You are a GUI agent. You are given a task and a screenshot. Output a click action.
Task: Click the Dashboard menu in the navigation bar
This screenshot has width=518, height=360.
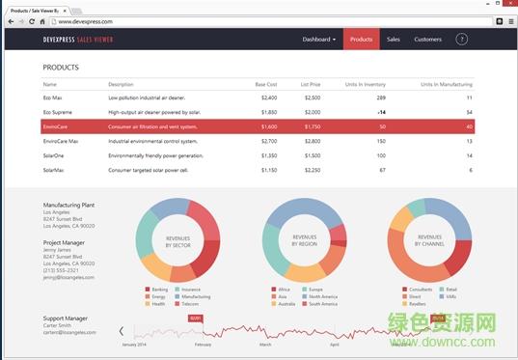pos(318,40)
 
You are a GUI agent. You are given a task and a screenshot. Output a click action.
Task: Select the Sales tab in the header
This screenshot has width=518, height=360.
pos(393,40)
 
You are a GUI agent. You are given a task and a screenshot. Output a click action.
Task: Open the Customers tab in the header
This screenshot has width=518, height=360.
pos(427,40)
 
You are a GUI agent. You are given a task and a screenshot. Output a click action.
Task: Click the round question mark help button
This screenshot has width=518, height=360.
pos(462,40)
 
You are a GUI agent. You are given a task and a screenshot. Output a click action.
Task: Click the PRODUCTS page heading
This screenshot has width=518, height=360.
pos(61,69)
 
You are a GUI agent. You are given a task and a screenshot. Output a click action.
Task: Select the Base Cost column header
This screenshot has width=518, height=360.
pos(265,85)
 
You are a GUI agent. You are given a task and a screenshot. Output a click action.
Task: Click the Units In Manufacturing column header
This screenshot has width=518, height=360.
pos(447,85)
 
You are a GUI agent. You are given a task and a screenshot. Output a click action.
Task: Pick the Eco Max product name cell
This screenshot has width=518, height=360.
pos(53,97)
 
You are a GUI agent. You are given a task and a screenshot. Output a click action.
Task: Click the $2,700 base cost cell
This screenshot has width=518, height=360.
pos(268,141)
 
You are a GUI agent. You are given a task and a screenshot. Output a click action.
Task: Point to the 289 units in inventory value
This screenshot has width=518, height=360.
pos(380,97)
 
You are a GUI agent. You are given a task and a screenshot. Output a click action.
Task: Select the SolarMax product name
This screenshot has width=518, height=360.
pos(54,170)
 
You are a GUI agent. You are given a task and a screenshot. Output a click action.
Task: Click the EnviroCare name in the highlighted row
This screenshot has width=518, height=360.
pos(55,126)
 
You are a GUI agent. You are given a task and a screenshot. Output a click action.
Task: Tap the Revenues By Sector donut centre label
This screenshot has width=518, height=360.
pos(177,241)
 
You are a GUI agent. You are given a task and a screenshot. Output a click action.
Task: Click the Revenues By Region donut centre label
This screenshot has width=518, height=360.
pos(304,240)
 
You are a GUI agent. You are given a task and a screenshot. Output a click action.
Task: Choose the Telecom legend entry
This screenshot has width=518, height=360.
pos(190,304)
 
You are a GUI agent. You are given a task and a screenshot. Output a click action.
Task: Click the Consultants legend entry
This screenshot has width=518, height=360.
pos(420,289)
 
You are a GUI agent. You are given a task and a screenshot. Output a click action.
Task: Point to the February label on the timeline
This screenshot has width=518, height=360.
pos(203,344)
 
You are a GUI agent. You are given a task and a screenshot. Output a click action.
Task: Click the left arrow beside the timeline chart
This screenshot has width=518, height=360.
pos(121,331)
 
